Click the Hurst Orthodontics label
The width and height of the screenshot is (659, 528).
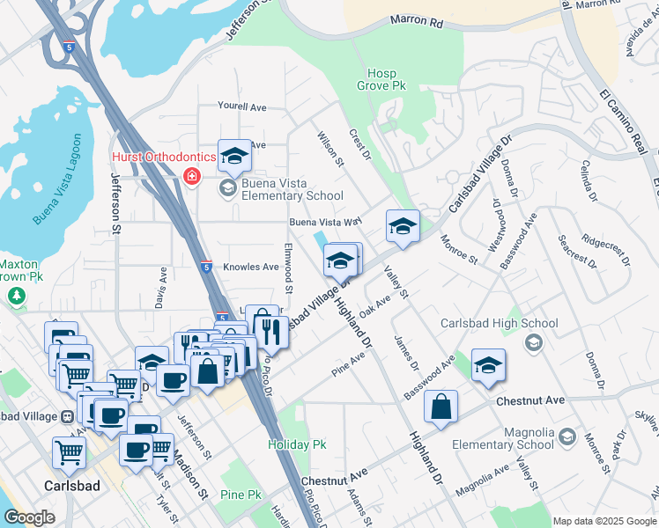tap(163, 157)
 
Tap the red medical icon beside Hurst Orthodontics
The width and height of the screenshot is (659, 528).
tap(190, 177)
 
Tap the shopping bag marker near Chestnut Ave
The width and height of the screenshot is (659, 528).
tap(441, 407)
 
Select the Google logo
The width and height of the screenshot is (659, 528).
tap(30, 517)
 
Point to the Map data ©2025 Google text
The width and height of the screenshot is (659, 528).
tap(603, 521)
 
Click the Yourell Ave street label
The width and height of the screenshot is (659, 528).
tap(242, 107)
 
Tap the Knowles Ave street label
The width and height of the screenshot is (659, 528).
tap(250, 267)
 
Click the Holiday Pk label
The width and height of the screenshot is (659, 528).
tap(297, 445)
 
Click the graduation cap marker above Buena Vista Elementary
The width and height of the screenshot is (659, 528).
tap(234, 156)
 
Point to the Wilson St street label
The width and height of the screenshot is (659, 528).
tap(330, 147)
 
